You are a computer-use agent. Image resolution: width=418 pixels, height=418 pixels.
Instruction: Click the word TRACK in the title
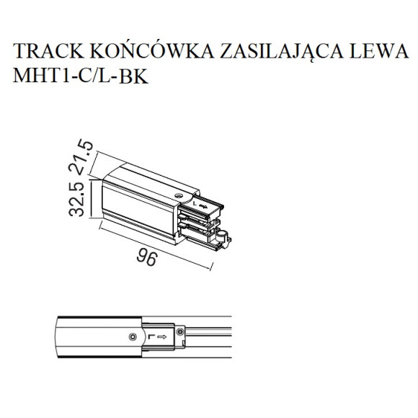click(48, 50)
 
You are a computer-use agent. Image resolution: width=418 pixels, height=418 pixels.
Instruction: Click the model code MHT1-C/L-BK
click(81, 76)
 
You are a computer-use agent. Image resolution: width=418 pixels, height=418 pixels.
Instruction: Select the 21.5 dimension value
click(81, 157)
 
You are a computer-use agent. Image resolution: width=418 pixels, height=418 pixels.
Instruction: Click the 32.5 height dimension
click(76, 199)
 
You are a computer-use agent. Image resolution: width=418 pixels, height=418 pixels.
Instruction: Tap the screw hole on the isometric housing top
click(178, 196)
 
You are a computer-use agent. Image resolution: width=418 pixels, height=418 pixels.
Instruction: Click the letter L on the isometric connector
click(195, 204)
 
